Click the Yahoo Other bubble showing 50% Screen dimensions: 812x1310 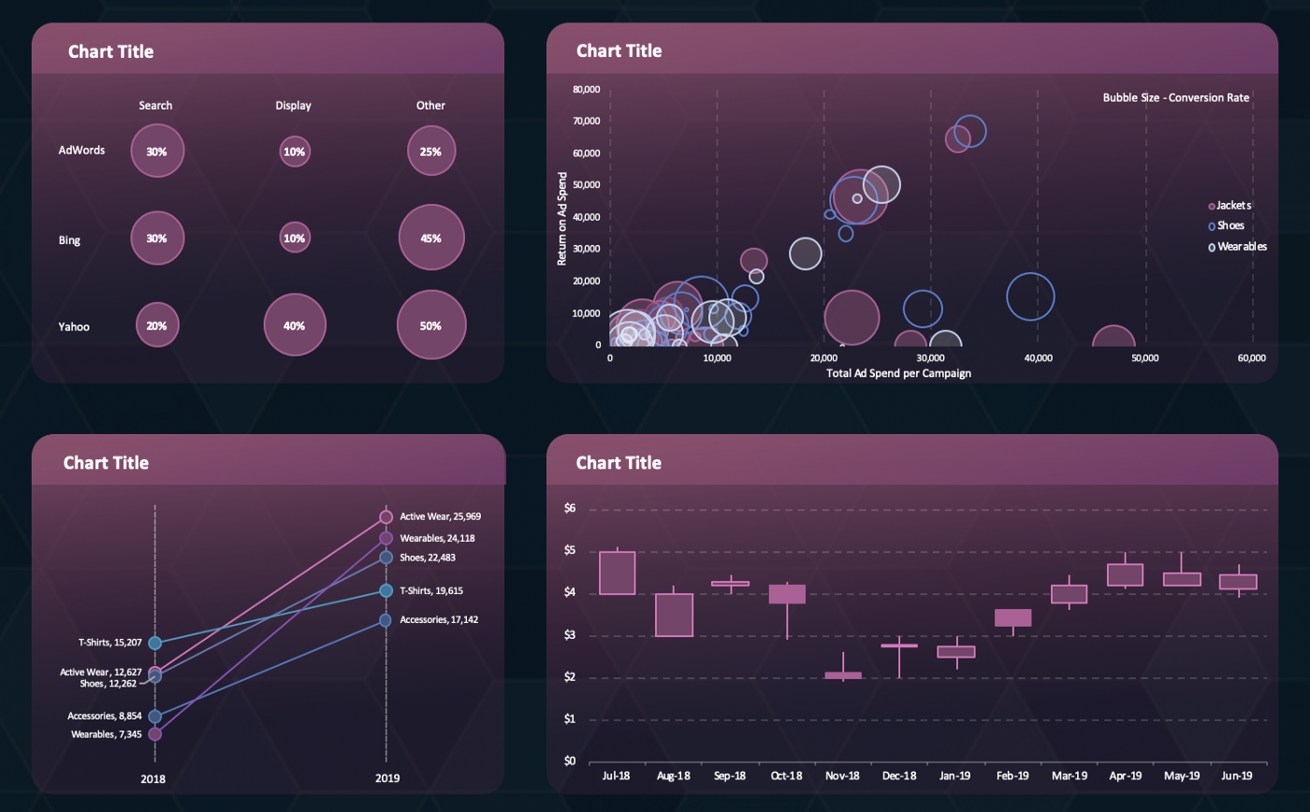[431, 326]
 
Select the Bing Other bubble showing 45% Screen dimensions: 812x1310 [431, 239]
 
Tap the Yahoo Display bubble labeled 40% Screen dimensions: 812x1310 [295, 326]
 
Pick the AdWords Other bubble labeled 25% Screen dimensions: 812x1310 [431, 152]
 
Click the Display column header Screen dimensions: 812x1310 [293, 106]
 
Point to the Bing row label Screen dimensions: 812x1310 [69, 240]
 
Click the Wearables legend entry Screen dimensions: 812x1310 [1237, 247]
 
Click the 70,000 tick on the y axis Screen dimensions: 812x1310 [585, 122]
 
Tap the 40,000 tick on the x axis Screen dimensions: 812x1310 [1038, 358]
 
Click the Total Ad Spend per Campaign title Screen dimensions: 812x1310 [898, 373]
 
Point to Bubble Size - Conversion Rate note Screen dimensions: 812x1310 [1175, 97]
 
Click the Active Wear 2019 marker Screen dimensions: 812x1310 [386, 517]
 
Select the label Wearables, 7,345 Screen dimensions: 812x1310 [104, 734]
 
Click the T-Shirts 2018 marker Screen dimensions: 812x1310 [155, 643]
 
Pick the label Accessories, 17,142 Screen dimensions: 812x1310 [439, 620]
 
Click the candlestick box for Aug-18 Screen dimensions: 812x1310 [674, 615]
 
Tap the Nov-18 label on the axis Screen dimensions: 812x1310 [842, 776]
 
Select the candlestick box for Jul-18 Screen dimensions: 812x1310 [618, 573]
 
